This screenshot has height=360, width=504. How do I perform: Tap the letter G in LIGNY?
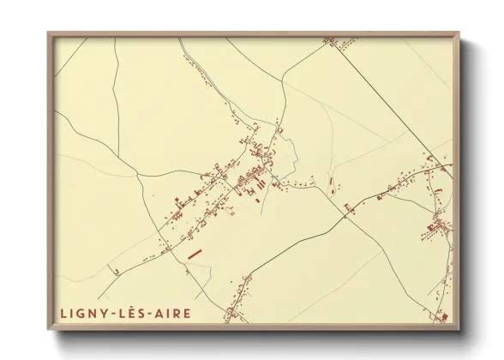click(x=80, y=314)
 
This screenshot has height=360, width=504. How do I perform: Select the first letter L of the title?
click(x=63, y=314)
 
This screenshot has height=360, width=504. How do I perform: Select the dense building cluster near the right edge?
click(x=437, y=227)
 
